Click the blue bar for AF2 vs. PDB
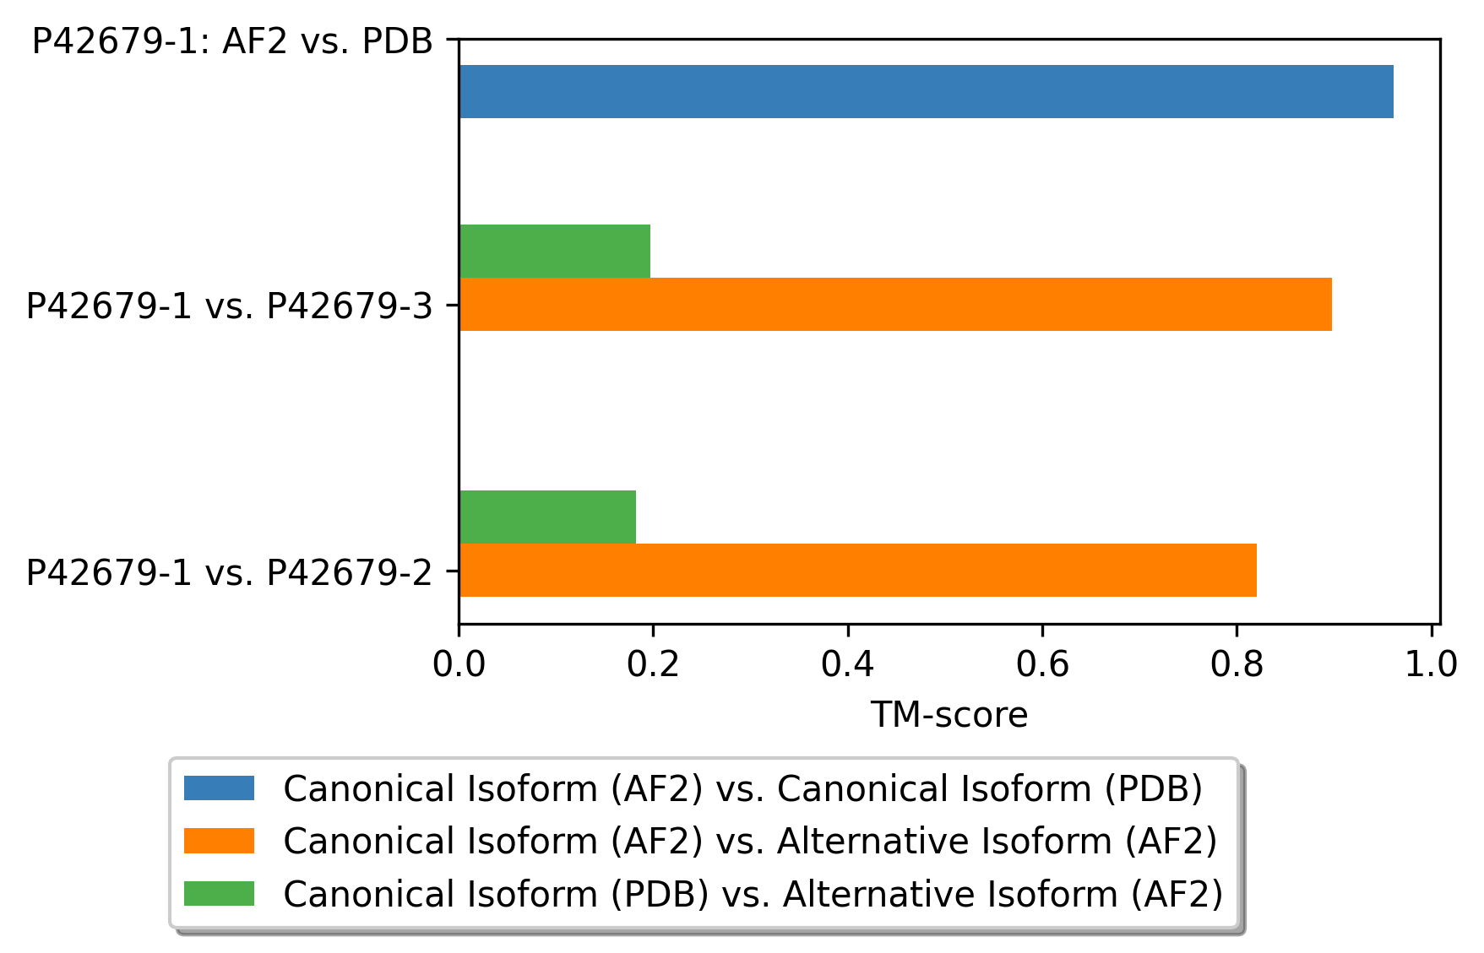point(926,91)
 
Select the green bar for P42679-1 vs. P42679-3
point(554,251)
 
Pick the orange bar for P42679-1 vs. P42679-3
point(895,304)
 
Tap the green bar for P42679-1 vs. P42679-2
point(547,517)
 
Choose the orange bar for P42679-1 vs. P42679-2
point(857,570)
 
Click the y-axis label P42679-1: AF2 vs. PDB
point(232,41)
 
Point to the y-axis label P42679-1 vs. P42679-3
point(229,306)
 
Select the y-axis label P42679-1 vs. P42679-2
point(229,573)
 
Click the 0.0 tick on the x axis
point(459,664)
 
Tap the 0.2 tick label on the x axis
point(653,664)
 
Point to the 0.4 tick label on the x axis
point(847,664)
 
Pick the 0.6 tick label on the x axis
point(1042,664)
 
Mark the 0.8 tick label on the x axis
point(1237,664)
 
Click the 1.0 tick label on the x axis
point(1431,664)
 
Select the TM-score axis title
point(949,715)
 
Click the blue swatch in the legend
point(219,788)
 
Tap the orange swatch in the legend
point(219,841)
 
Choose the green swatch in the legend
point(219,893)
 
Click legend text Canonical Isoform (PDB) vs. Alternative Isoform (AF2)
point(753,894)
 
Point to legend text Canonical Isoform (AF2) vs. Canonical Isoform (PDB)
point(742,789)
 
